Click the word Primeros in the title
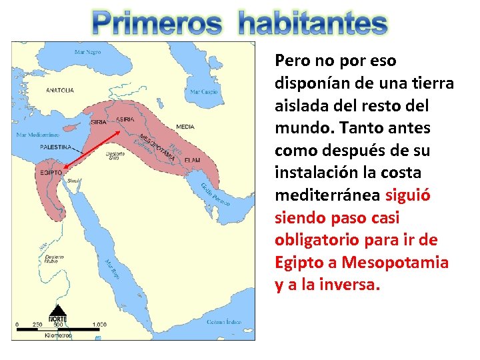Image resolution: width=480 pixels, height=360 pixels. click(157, 24)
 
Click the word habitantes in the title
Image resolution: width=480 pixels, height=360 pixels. click(312, 24)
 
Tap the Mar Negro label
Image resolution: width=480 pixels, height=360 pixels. click(87, 52)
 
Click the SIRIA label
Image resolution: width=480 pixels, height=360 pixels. click(99, 122)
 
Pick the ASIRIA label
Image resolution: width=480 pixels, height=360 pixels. click(125, 119)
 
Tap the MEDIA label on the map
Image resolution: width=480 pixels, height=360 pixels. click(185, 126)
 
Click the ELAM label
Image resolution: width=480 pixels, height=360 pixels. click(193, 160)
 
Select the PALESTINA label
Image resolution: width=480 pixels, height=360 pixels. click(57, 147)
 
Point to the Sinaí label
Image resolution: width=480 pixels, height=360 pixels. click(73, 180)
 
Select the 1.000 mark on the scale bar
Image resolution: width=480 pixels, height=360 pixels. click(99, 325)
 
